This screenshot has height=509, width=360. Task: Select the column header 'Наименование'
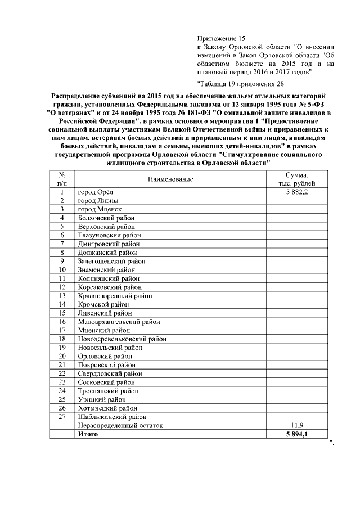pyautogui.click(x=171, y=179)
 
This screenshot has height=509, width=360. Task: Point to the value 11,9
pyautogui.click(x=300, y=426)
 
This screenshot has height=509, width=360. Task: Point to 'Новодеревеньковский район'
pyautogui.click(x=122, y=339)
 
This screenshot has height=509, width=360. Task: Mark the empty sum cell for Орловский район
pyautogui.click(x=300, y=356)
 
